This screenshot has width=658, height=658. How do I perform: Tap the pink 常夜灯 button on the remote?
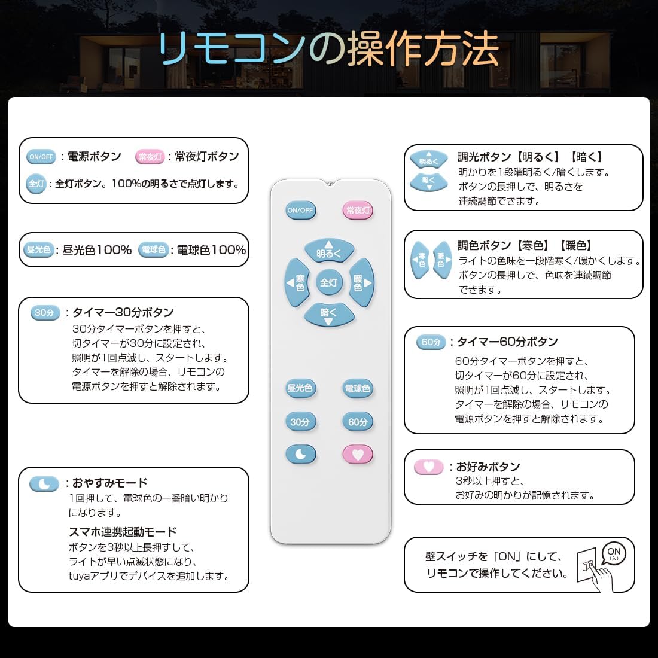(358, 211)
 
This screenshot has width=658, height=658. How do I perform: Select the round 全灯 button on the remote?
(328, 282)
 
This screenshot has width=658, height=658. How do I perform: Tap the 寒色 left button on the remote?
(297, 282)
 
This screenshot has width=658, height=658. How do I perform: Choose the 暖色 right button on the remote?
(361, 282)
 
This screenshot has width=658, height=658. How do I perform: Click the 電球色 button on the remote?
(358, 388)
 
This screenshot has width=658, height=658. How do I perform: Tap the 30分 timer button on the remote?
(300, 422)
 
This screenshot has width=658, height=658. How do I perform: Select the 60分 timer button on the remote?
(358, 422)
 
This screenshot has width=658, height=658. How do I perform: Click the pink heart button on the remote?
(358, 455)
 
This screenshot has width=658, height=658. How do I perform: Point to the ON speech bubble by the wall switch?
(614, 554)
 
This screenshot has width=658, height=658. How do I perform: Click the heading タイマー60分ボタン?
(507, 342)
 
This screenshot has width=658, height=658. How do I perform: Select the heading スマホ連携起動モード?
(123, 532)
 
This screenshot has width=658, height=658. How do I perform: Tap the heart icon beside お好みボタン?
(428, 467)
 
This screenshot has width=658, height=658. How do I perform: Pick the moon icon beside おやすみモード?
(44, 483)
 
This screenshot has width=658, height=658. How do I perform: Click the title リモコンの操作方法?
(329, 49)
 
